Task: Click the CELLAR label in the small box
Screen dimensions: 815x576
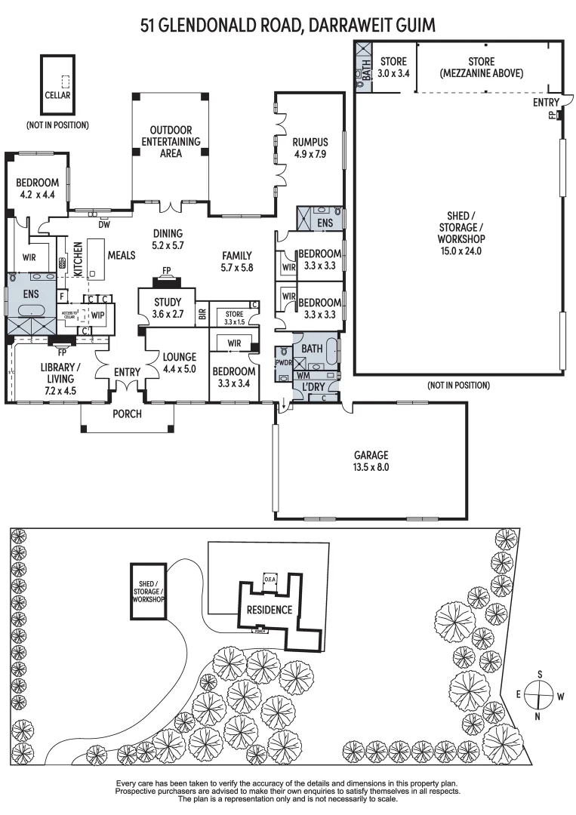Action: [x=57, y=96]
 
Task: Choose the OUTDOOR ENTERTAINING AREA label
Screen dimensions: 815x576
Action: [x=171, y=141]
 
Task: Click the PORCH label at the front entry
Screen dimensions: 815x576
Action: [x=128, y=414]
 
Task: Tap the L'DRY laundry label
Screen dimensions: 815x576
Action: [x=313, y=387]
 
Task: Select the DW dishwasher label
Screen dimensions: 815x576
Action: [x=103, y=224]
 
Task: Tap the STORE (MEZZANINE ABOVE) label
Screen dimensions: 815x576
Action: [x=480, y=67]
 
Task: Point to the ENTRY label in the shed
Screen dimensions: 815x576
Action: [x=546, y=102]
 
